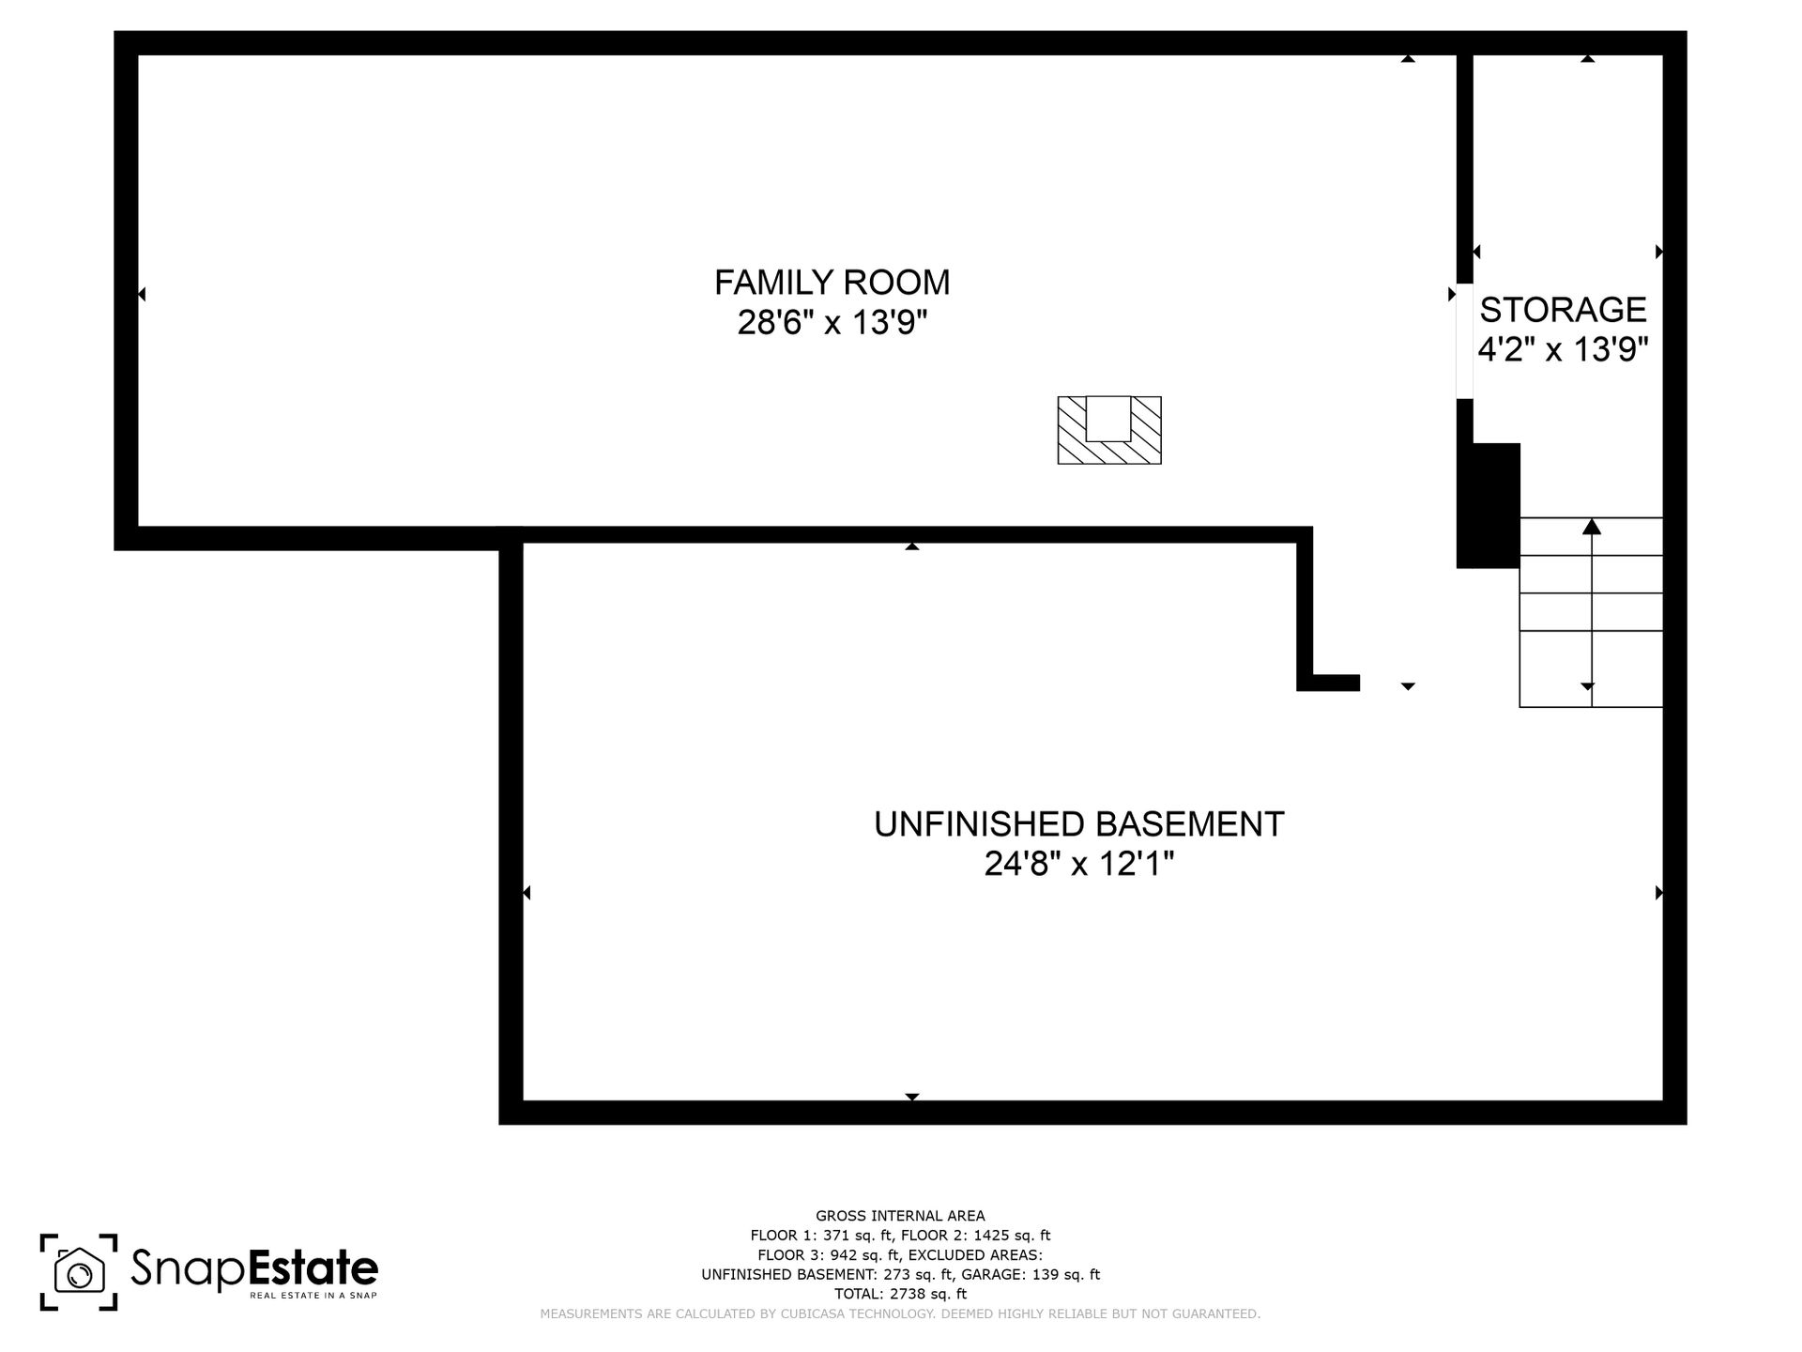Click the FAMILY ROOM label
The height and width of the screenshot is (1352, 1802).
(x=832, y=282)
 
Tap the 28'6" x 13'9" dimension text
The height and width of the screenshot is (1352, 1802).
(x=832, y=323)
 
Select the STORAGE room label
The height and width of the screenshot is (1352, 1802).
(x=1563, y=309)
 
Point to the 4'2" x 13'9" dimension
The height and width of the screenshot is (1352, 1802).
(x=1563, y=350)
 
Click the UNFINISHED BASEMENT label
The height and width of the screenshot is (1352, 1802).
(x=1078, y=824)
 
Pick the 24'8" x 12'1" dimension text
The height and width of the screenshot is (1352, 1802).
(x=1078, y=864)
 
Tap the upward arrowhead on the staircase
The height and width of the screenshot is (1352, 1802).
(x=1592, y=526)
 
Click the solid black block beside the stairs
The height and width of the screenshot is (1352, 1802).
(x=1489, y=505)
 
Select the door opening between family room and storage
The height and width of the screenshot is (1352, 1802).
(x=1464, y=341)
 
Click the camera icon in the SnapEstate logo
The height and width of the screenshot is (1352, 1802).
(x=79, y=1272)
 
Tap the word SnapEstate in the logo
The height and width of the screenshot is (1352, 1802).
(x=254, y=1268)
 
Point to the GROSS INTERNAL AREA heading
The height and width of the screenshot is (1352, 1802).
(x=900, y=1216)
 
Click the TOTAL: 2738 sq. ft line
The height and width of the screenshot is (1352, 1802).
(x=900, y=1294)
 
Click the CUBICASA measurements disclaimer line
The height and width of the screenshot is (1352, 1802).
(x=900, y=1314)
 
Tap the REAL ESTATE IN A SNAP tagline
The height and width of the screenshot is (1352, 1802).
(x=313, y=1296)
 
